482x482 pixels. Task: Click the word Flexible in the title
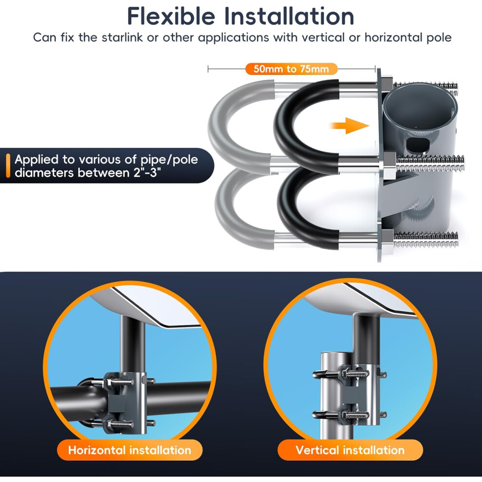point(171,16)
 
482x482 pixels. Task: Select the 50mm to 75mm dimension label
point(291,69)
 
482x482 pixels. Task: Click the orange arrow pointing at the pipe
point(350,126)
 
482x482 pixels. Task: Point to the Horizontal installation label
point(130,450)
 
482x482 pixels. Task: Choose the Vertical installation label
point(350,450)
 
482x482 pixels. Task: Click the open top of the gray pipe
point(419,106)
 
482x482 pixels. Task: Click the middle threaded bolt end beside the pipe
point(430,163)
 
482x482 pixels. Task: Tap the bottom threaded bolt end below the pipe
point(426,240)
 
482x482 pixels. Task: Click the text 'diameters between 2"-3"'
point(88,173)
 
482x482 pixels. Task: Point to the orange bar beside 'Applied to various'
point(8,166)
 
